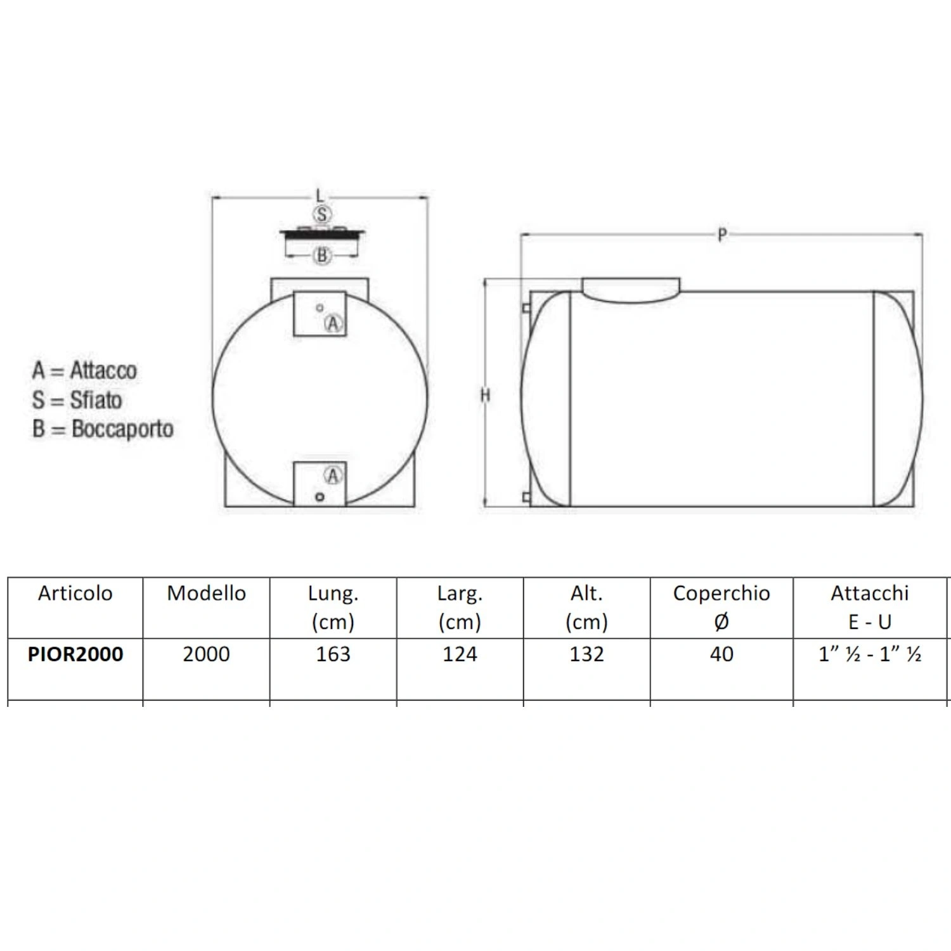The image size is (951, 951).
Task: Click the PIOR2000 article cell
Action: [x=75, y=654]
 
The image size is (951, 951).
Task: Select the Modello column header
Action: [x=207, y=593]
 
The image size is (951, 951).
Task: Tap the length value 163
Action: [x=333, y=654]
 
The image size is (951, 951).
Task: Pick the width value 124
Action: [x=460, y=654]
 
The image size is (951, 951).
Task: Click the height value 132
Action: [x=587, y=654]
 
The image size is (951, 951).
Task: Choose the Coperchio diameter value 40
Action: [x=721, y=654]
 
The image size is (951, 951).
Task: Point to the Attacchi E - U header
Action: [x=870, y=607]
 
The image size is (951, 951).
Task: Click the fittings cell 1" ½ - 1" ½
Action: [x=870, y=654]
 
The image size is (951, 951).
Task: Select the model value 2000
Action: [x=207, y=654]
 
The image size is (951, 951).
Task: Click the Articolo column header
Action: [x=75, y=593]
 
